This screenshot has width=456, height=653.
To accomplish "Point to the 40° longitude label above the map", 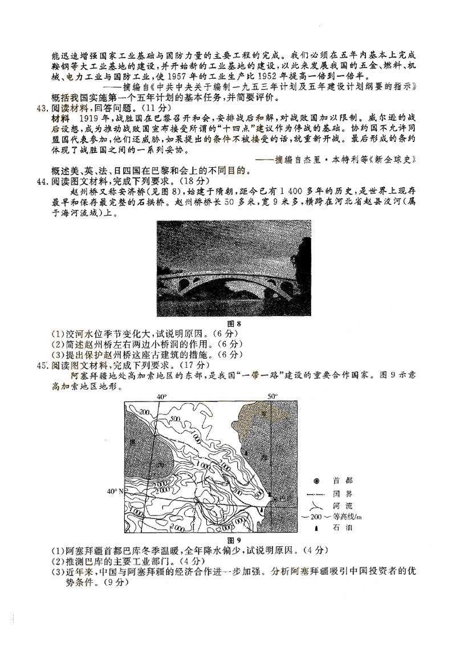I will (x=161, y=396).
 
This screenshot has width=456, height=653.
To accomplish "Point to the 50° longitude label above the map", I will (x=272, y=396).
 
